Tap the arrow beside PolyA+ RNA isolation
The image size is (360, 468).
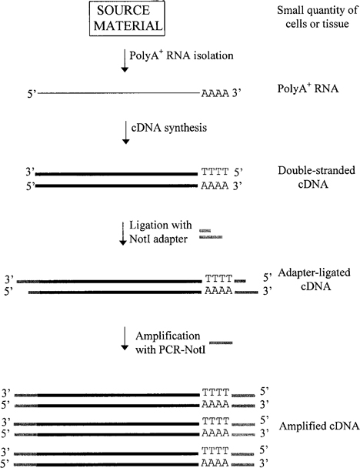pyautogui.click(x=125, y=62)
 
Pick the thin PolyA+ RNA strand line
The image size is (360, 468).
pyautogui.click(x=115, y=94)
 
